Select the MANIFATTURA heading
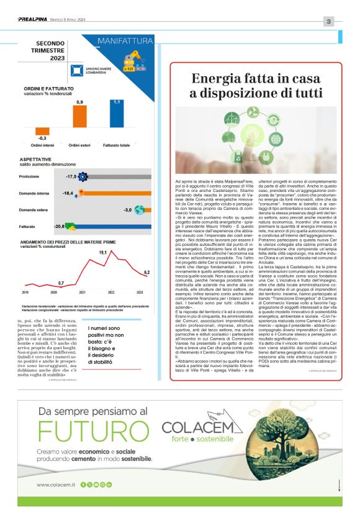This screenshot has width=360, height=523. (x=125, y=42)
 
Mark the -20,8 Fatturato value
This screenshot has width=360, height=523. (x=60, y=227)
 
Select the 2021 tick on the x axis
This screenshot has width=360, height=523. (x=82, y=291)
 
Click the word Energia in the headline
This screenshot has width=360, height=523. (x=217, y=79)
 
